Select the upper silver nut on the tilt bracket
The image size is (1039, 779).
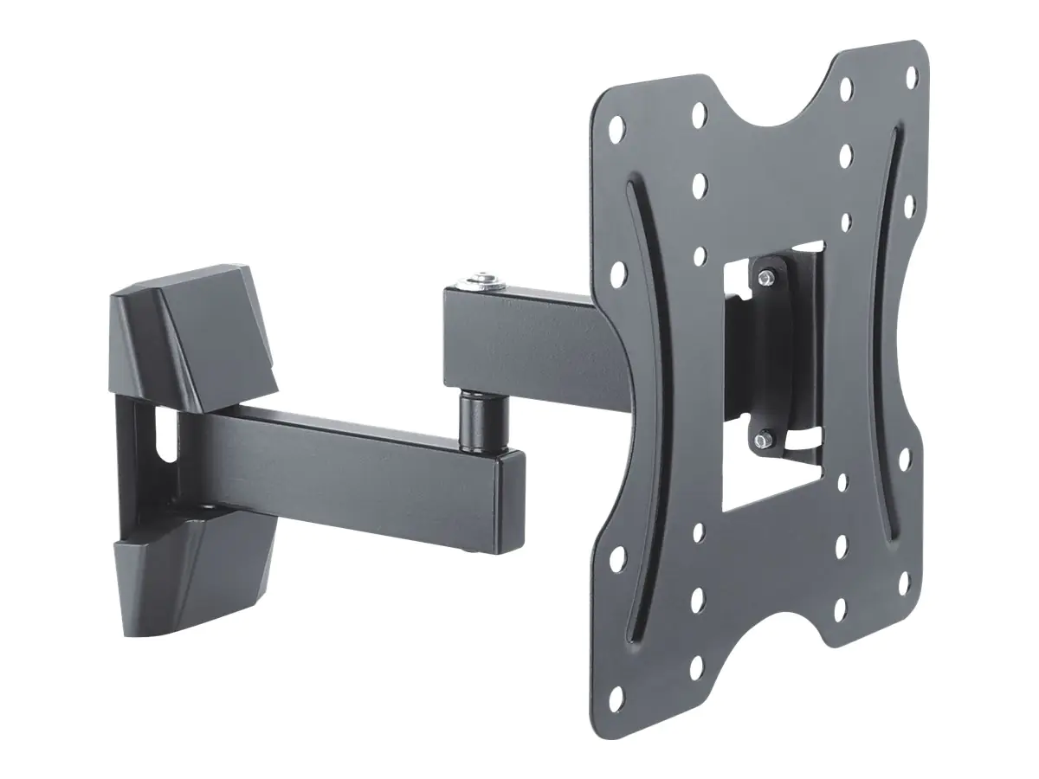coord(766,276)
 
